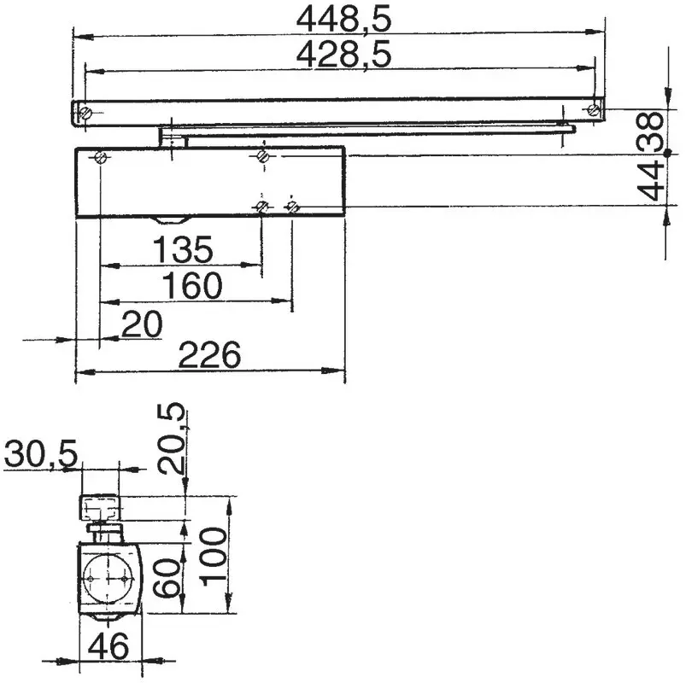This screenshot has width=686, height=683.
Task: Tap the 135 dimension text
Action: click(x=182, y=251)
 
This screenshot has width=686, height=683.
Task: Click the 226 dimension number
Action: click(x=210, y=355)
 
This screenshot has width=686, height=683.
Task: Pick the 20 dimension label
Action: click(x=141, y=324)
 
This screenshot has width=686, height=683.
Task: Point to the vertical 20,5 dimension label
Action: click(x=171, y=439)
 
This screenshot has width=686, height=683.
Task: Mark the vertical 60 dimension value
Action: click(x=167, y=577)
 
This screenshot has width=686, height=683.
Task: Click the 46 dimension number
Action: click(x=108, y=646)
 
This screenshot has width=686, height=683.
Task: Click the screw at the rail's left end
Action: click(x=84, y=113)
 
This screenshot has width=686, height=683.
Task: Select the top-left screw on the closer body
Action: click(x=102, y=157)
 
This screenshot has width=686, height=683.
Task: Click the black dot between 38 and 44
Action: click(x=667, y=153)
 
